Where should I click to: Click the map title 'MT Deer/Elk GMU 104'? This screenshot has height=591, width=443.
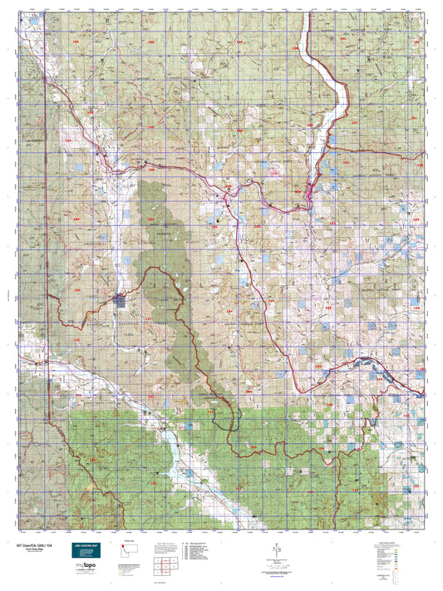pos(42,544)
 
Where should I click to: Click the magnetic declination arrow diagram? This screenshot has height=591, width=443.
pos(275,552)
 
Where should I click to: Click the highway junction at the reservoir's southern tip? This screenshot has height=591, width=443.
pos(308,186)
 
